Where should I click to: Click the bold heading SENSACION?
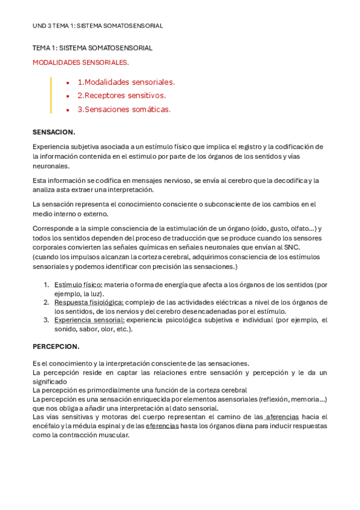pos(53,132)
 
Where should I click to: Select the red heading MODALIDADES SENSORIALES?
pos(81,62)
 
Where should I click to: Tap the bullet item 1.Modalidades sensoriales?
pos(126,82)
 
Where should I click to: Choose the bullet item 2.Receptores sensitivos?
pos(121,96)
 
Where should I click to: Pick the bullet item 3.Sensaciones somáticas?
pos(124,109)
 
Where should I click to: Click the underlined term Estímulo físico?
pos(78,284)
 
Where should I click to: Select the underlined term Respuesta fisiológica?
pos(89,302)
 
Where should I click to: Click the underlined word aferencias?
pos(282,417)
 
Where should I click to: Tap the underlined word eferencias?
pos(162,425)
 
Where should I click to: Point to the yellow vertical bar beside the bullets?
pos(51,95)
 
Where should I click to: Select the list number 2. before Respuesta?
pos(46,302)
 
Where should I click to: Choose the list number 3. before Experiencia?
pos(46,320)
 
